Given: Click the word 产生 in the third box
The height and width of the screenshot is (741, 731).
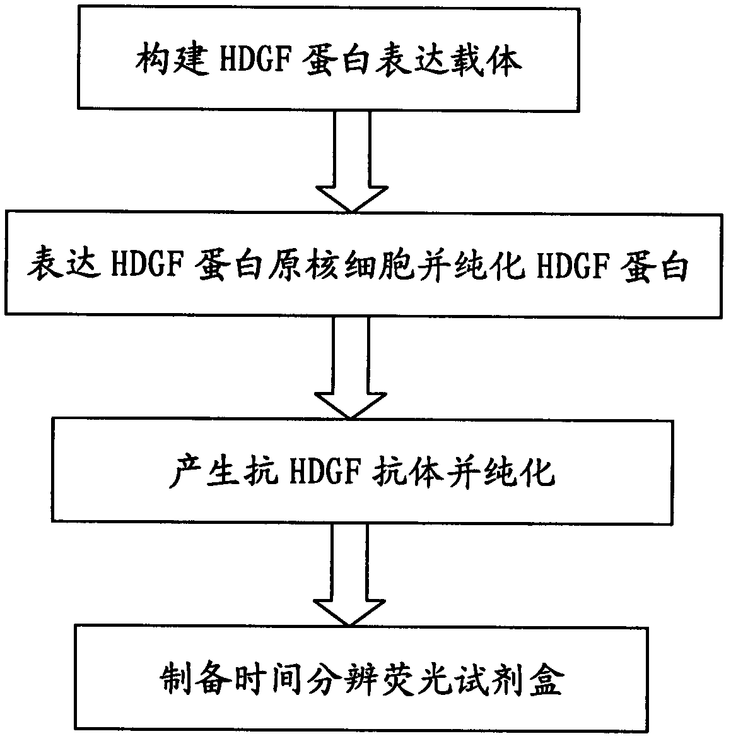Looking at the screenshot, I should (196, 470).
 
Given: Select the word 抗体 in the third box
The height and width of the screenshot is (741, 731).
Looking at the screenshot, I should (412, 470).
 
